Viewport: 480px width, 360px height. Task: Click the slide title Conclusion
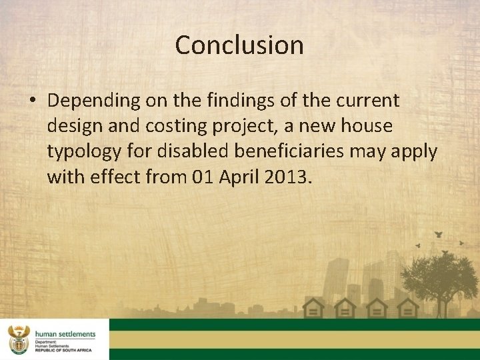click(239, 45)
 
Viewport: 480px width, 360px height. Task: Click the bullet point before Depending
click(32, 101)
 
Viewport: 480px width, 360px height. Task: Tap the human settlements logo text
click(65, 334)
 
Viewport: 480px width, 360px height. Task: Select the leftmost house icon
click(313, 308)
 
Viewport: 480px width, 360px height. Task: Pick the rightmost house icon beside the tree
click(408, 308)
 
